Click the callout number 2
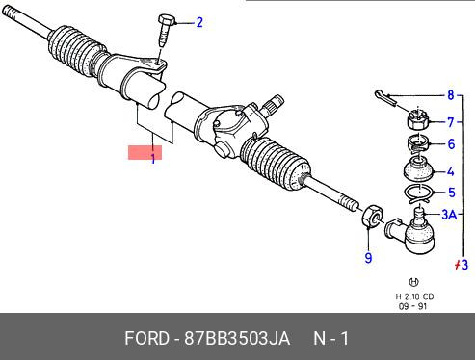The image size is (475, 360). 199,23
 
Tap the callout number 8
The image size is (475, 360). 451,95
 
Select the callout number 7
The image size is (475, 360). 451,122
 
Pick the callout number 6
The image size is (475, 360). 451,144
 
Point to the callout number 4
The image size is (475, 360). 451,171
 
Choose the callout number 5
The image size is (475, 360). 452,193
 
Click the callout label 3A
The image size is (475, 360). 449,215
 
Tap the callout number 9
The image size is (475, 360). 368,258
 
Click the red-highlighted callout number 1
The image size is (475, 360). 153,158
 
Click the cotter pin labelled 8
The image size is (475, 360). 385,97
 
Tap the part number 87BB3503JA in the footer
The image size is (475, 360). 237,338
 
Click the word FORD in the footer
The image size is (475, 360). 146,338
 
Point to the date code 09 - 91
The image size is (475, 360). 412,306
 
